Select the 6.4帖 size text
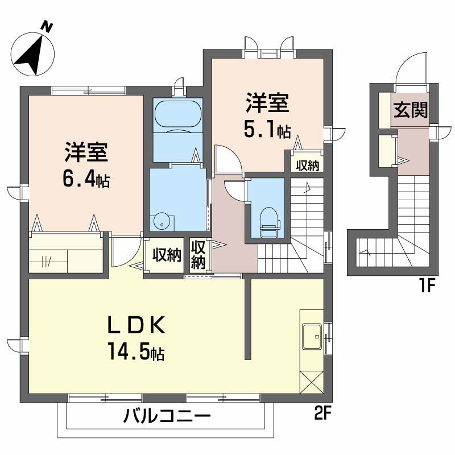point(86,180)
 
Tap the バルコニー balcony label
point(167,417)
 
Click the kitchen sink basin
point(311,336)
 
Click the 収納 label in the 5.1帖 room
point(308,165)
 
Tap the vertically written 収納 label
point(198,255)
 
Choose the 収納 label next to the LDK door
point(167,255)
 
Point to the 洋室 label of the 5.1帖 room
point(267,104)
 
